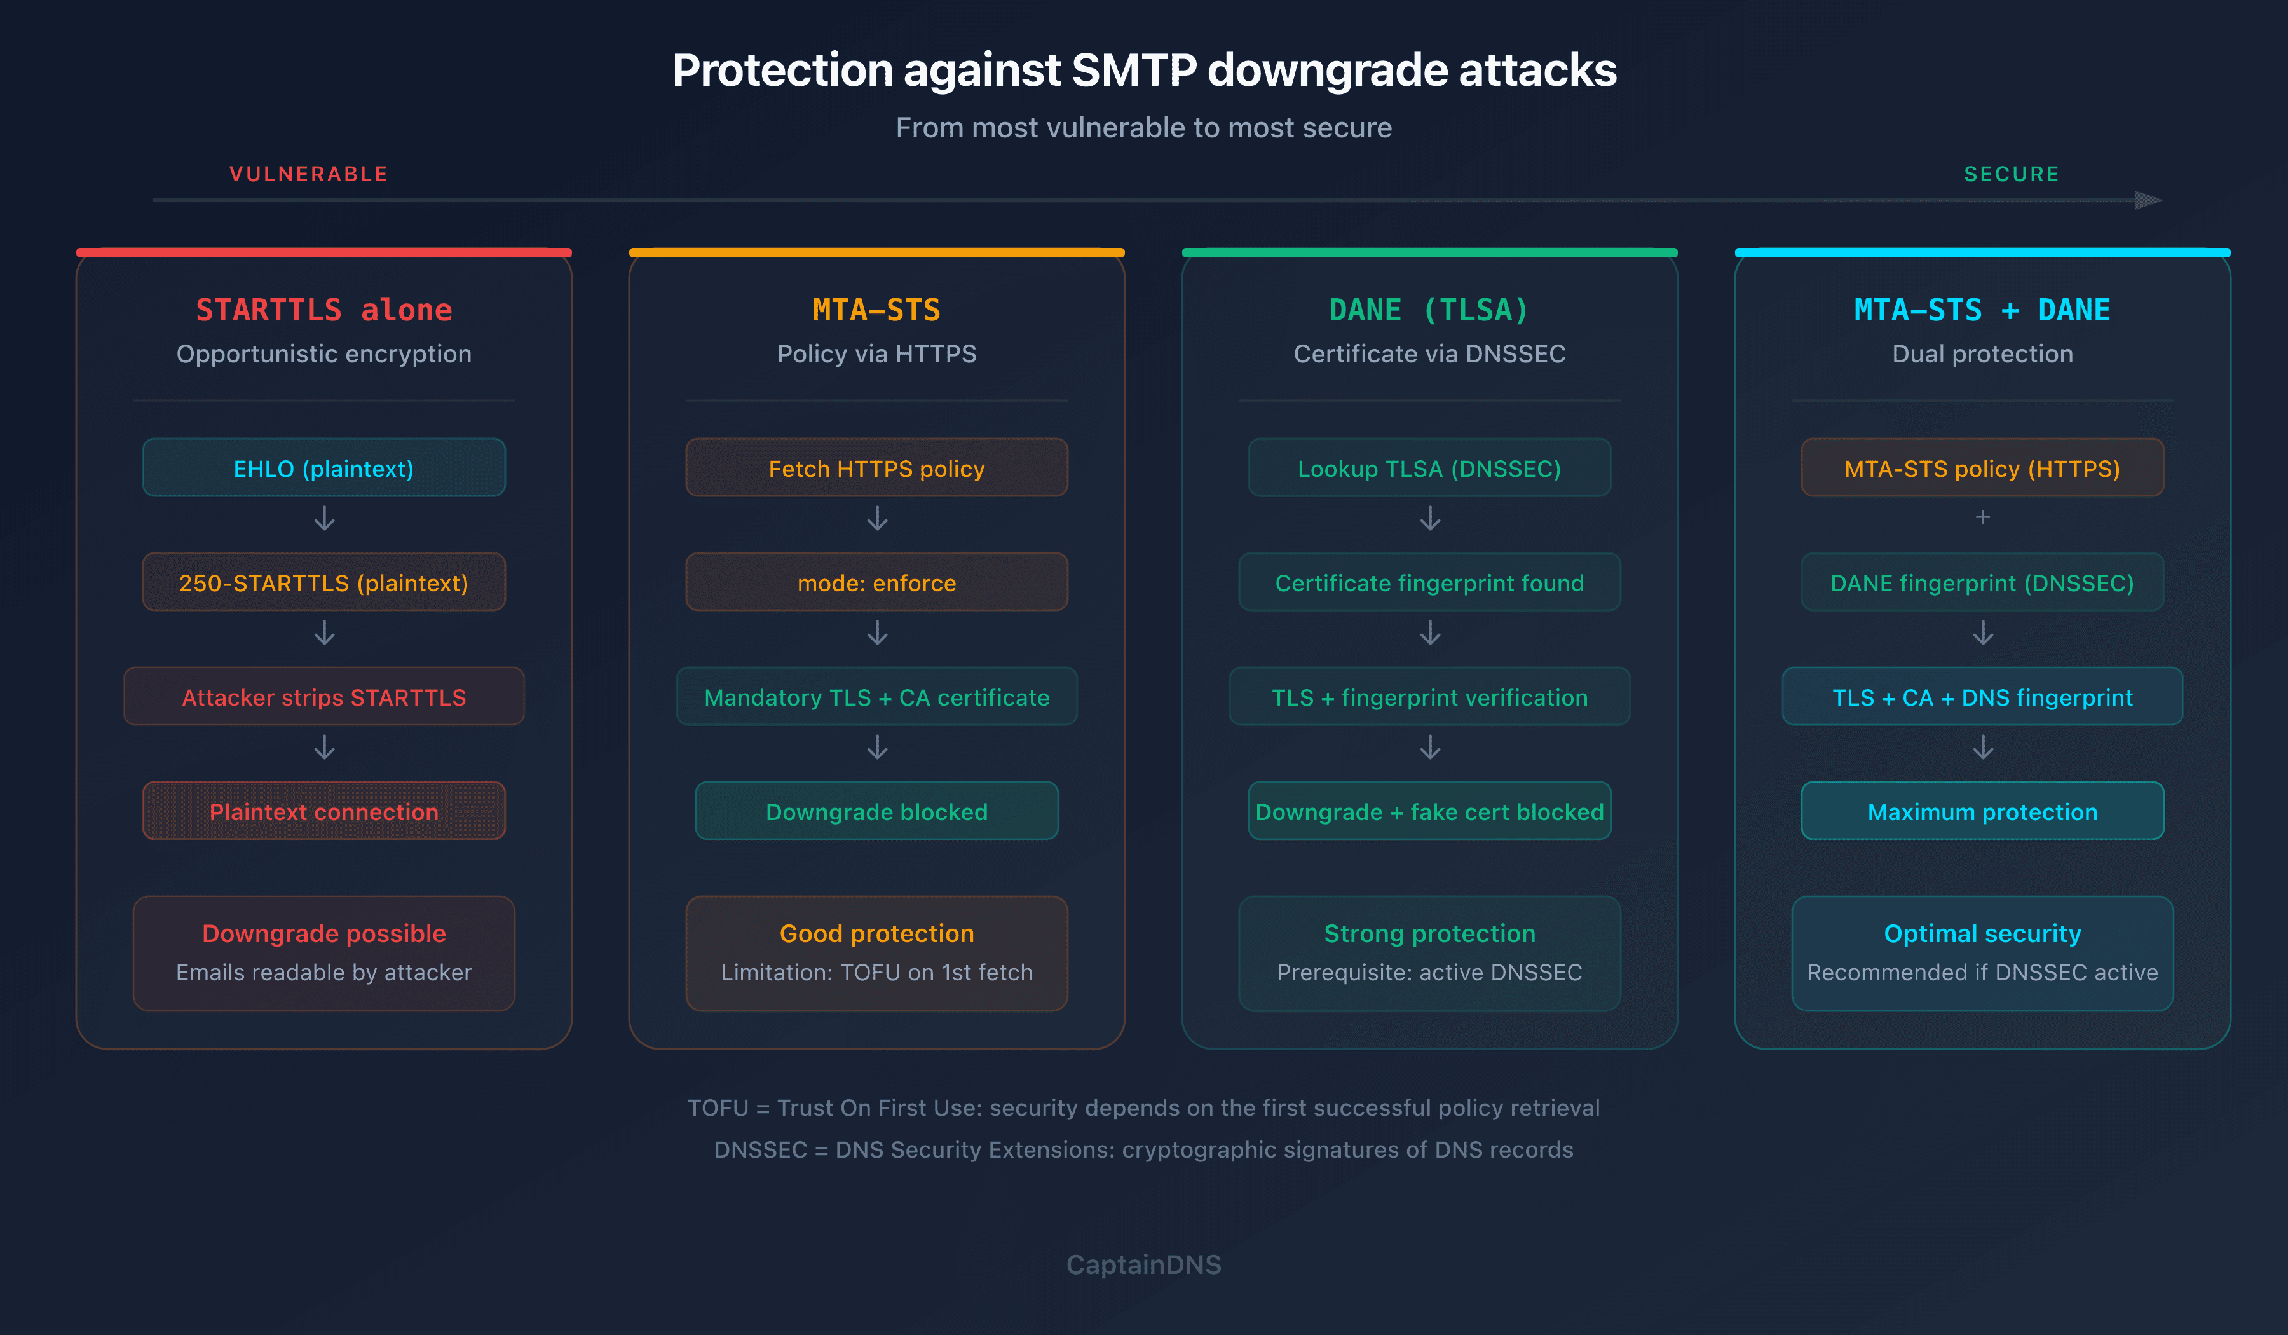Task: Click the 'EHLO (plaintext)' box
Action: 323,469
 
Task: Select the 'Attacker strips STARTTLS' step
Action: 323,697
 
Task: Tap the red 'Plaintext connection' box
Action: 323,812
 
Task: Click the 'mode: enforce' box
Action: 876,583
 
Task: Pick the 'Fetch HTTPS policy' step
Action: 876,469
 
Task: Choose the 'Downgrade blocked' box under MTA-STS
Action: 876,812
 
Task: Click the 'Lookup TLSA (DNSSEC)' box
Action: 1429,469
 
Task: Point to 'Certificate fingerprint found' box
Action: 1429,583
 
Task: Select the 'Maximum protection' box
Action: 1982,812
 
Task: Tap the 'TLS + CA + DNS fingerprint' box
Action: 1982,697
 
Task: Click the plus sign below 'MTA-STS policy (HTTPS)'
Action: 1983,517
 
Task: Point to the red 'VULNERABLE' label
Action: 309,174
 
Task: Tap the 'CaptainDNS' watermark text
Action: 1143,1264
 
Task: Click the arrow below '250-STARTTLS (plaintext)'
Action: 324,633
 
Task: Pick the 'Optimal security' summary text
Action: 1982,934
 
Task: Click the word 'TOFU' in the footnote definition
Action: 718,1108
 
